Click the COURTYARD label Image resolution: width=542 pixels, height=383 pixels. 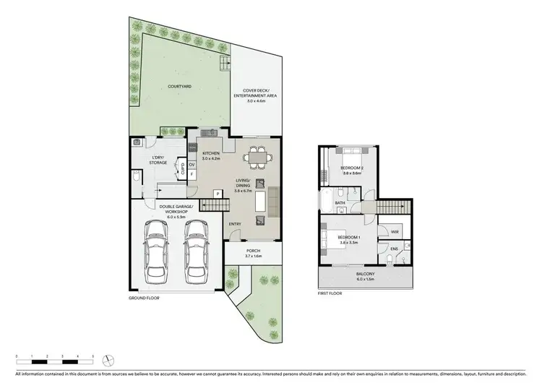[179, 86]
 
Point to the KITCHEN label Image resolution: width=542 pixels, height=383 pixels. [211, 153]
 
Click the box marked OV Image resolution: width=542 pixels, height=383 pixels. [192, 164]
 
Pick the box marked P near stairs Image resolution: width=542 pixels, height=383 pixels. [218, 194]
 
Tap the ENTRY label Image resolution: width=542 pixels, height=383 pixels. [235, 224]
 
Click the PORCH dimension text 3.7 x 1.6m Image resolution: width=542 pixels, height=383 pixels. [252, 257]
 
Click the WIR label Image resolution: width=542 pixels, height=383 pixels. [395, 231]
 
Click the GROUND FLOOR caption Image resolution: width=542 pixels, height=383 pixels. [145, 297]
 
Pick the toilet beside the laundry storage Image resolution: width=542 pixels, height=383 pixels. [136, 176]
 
